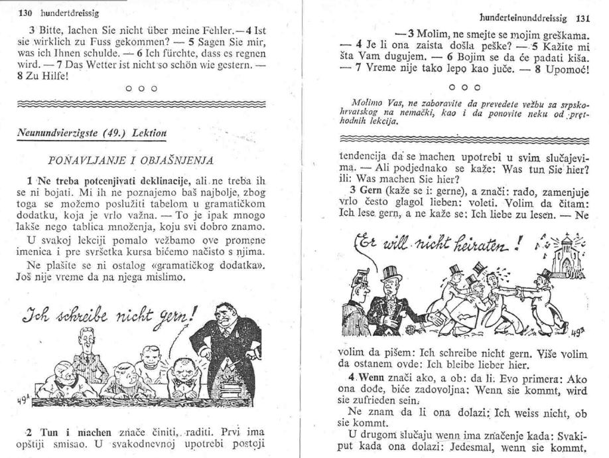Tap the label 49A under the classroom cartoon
click(20, 400)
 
